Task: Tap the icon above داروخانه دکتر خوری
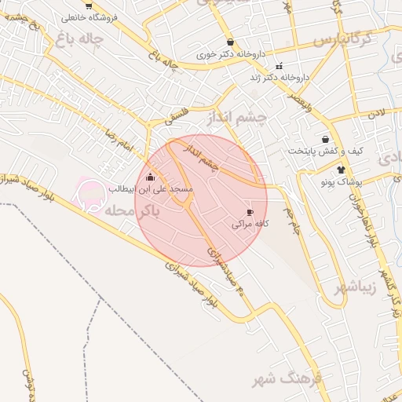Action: click(229, 42)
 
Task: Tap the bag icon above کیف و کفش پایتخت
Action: click(325, 139)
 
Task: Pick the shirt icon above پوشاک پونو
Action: click(341, 170)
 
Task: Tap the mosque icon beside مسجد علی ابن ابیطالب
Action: click(151, 177)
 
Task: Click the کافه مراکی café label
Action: click(250, 224)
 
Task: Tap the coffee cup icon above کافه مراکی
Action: click(250, 212)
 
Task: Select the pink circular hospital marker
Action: click(92, 194)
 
